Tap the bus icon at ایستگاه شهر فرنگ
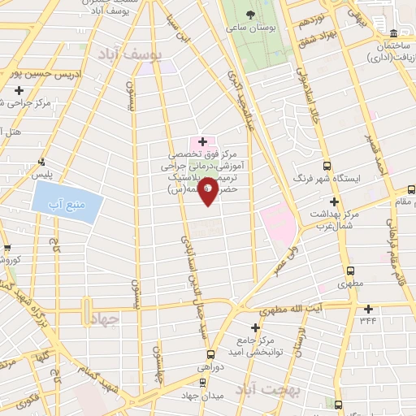tap(327, 164)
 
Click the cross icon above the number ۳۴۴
tap(368, 309)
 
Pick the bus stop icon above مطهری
tap(351, 272)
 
